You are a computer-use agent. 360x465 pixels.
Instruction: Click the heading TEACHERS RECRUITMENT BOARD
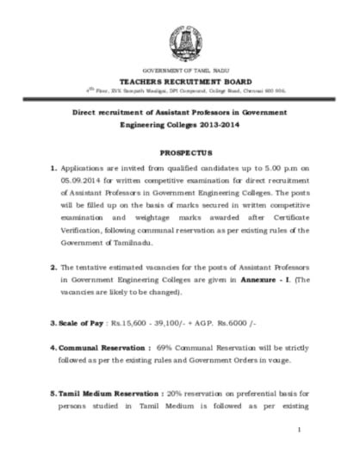point(181,79)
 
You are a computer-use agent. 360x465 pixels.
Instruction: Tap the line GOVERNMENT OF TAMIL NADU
point(181,69)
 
